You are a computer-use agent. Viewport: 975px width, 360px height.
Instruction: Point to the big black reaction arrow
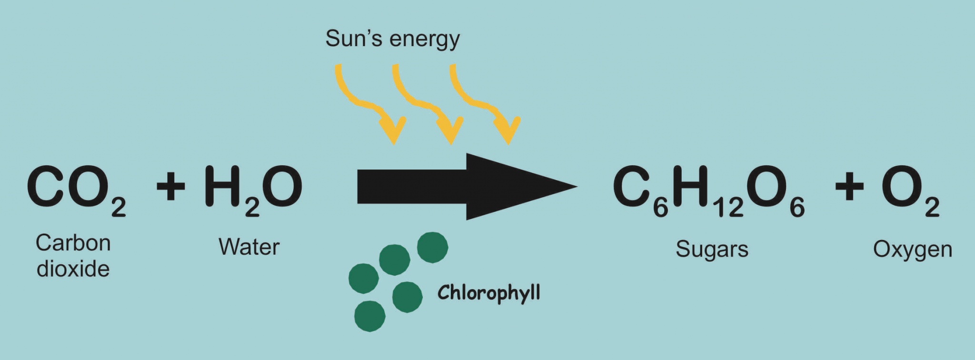point(467,187)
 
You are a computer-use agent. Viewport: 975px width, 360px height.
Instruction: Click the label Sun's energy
point(393,39)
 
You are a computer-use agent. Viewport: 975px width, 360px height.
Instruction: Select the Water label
point(249,247)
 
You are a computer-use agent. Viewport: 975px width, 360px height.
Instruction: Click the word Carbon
point(73,243)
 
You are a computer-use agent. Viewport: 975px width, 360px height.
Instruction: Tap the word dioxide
point(73,269)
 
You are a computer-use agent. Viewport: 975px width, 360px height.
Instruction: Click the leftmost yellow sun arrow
point(370,104)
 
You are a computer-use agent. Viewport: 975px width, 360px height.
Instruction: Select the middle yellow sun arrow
point(428,104)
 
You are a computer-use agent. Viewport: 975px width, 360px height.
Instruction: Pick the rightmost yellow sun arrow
point(485,104)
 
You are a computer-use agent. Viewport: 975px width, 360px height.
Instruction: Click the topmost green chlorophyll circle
point(432,248)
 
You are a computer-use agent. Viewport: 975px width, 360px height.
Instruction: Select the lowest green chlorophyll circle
point(370,316)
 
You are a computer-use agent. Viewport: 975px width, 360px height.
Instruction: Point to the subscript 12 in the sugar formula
point(728,208)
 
